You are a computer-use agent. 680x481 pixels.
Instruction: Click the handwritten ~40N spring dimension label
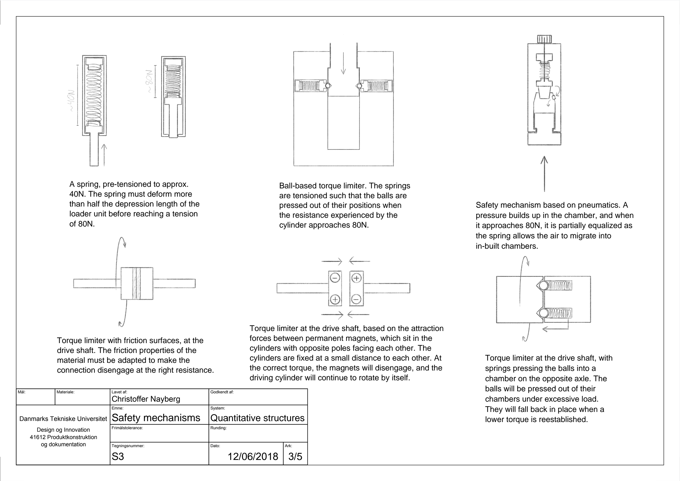(71, 101)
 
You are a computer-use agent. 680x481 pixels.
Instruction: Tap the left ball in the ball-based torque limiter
(328, 86)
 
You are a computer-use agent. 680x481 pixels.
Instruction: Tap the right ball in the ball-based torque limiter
(359, 86)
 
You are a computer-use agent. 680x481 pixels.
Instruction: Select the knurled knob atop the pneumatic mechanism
(544, 39)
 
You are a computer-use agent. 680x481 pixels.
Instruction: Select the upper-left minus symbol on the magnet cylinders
(335, 278)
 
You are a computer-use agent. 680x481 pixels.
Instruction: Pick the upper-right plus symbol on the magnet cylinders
(357, 278)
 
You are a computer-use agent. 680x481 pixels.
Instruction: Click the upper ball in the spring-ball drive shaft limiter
(543, 286)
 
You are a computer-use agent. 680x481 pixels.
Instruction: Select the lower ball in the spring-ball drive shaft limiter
(543, 313)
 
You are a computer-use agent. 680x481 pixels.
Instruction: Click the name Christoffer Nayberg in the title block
(146, 399)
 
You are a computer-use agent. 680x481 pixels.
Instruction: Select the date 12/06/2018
(253, 456)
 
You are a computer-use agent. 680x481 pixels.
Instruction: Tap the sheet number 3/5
(295, 456)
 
